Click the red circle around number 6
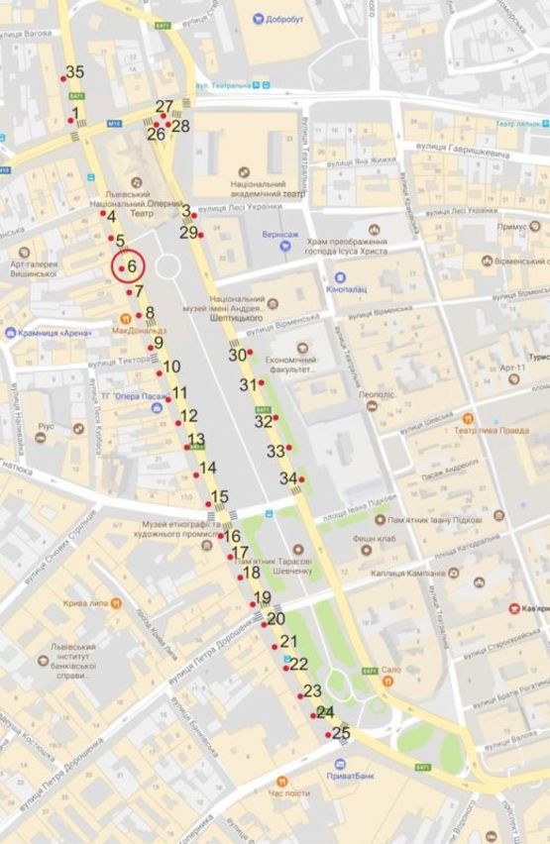(x=128, y=266)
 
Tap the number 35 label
(x=75, y=71)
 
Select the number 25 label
(x=341, y=733)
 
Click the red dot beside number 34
(x=301, y=479)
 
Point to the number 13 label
(x=196, y=439)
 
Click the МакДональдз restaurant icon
(x=125, y=317)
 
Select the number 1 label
(x=75, y=114)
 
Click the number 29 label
(x=188, y=233)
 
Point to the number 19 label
(x=263, y=597)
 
